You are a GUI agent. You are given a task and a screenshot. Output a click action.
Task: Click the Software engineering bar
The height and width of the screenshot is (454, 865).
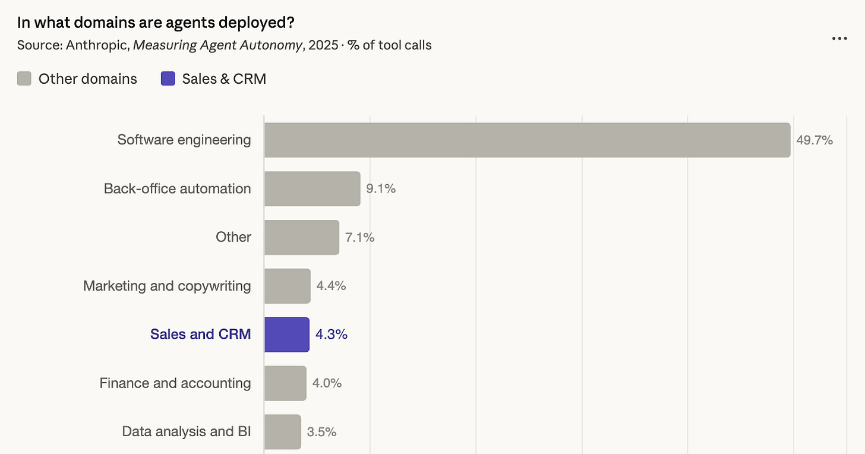[x=528, y=140]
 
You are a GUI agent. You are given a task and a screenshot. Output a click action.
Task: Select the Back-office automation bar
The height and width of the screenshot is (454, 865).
[x=312, y=188]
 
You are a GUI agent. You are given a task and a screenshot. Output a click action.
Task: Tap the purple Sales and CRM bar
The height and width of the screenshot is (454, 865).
[x=287, y=335]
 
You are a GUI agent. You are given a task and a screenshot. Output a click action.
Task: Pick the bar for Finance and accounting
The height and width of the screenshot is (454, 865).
[x=285, y=383]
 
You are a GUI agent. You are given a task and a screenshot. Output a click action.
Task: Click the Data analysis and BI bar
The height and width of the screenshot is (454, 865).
[x=283, y=432]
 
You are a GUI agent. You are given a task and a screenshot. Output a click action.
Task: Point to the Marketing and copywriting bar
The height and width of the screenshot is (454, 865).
[x=288, y=286]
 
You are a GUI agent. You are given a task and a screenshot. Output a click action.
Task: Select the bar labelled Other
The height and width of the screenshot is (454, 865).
[x=302, y=237]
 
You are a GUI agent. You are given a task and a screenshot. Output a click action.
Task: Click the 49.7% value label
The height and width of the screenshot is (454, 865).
[x=815, y=140]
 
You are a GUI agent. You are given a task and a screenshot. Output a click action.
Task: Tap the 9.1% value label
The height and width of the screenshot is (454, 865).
[x=381, y=188]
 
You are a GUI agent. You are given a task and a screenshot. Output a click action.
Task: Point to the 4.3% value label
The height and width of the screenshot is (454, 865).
[x=332, y=334]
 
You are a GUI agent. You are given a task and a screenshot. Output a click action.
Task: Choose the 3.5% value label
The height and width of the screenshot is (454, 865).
[x=321, y=431]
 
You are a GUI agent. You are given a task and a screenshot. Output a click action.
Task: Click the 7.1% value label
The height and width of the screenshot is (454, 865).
[x=359, y=237]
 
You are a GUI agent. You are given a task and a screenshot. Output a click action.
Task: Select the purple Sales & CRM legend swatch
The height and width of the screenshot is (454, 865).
[x=168, y=78]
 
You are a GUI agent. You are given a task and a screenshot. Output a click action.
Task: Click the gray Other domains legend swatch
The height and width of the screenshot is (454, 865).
[x=24, y=78]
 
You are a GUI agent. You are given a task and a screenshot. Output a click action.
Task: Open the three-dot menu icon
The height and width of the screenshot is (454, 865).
[x=839, y=39]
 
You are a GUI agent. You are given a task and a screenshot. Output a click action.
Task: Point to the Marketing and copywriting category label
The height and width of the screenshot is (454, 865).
[x=167, y=286]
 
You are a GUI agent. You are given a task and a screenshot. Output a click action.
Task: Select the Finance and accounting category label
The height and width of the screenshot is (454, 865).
[x=175, y=383]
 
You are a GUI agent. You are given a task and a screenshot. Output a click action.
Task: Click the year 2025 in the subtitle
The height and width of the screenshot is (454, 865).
[x=323, y=45]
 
